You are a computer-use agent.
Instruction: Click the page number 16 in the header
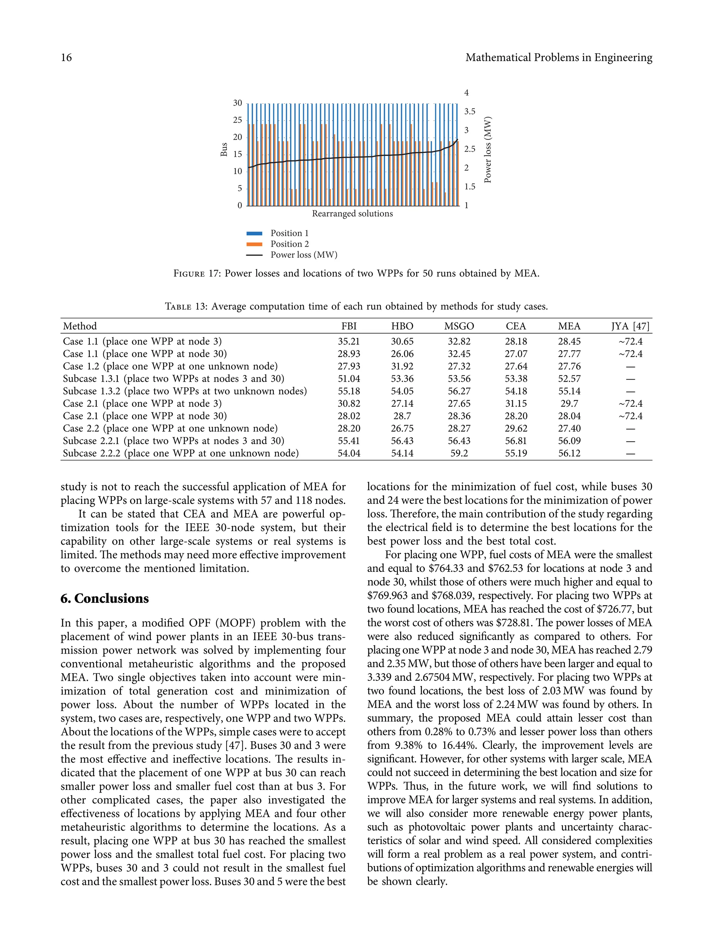pos(66,57)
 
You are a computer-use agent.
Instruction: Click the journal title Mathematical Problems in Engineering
pos(558,57)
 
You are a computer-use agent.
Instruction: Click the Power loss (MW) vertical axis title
pos(487,150)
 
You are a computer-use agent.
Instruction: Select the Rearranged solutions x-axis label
pos(352,214)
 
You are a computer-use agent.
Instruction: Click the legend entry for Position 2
pos(289,244)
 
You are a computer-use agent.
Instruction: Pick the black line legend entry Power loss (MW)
pos(304,255)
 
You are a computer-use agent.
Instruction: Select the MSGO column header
pos(459,326)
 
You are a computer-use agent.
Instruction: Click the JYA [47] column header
pos(630,326)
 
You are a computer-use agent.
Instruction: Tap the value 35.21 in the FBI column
pos(348,341)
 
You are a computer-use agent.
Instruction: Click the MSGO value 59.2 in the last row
pos(459,453)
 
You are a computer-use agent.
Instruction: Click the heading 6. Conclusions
pos(104,599)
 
